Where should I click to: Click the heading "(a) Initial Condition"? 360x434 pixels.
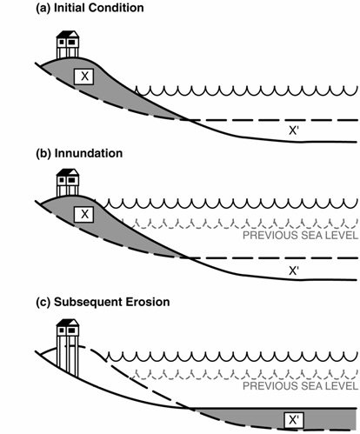tap(90, 8)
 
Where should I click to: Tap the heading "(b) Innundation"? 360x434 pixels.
tap(79, 153)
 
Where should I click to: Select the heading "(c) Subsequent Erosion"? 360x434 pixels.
tap(103, 302)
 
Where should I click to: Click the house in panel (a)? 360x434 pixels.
tap(68, 44)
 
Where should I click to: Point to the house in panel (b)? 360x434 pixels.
tap(68, 183)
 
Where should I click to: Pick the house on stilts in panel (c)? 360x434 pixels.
tap(68, 347)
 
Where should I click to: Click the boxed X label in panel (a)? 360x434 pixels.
tap(83, 77)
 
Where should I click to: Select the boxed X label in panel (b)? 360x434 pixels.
tap(83, 215)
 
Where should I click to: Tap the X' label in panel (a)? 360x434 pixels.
tap(294, 131)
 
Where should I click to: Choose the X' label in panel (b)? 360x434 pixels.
tap(294, 270)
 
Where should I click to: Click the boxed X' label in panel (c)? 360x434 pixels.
tap(294, 420)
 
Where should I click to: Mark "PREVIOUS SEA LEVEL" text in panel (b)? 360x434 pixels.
tap(301, 235)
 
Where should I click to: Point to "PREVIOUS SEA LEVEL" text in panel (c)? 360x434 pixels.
tap(301, 386)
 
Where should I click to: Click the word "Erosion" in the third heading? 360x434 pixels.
tap(148, 302)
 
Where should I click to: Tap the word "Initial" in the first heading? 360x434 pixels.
tap(70, 8)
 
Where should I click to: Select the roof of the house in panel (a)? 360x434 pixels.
tap(68, 34)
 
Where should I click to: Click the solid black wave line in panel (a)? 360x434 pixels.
tap(246, 91)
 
